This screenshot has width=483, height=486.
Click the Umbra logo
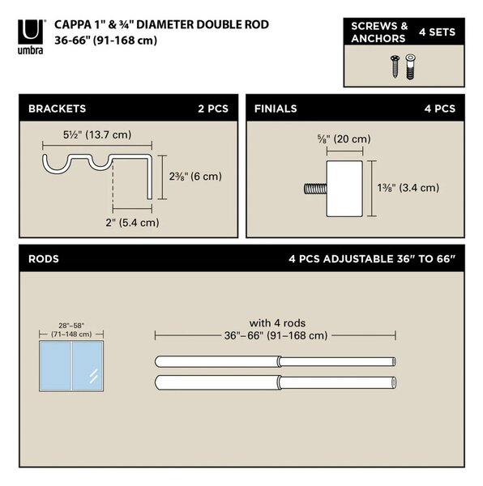[x=30, y=37]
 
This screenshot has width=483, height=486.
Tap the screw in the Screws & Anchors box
[x=395, y=66]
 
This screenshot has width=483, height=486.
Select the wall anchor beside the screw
[x=410, y=66]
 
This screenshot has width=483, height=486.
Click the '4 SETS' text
[x=437, y=32]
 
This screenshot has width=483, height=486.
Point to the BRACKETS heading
[x=57, y=109]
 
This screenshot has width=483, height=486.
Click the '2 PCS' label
[x=213, y=109]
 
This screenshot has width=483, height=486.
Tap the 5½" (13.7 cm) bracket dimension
[x=97, y=134]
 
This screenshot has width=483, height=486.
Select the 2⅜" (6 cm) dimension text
[x=195, y=177]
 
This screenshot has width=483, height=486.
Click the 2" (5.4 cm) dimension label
[x=132, y=222]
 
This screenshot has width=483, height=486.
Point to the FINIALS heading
[x=276, y=109]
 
